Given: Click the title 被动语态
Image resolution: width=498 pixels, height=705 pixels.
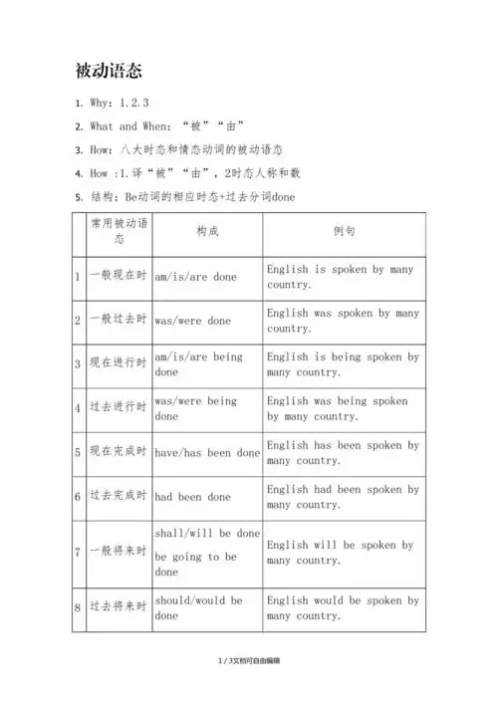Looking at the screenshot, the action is pos(109,71).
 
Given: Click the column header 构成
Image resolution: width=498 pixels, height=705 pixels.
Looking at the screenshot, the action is pos(207,231).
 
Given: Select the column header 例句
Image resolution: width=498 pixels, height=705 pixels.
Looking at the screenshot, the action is pos(345,231).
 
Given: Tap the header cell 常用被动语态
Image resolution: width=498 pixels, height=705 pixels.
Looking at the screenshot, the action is pos(119,231).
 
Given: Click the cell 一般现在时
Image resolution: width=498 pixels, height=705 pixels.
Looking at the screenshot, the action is pos(118,276).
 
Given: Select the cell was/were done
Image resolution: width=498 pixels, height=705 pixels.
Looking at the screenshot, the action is pos(192,321).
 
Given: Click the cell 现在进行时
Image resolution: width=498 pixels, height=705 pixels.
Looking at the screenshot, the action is pos(118,364).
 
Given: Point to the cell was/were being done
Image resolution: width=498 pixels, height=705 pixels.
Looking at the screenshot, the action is pos(195,408).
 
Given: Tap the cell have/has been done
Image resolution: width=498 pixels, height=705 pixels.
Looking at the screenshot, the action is pos(207,453).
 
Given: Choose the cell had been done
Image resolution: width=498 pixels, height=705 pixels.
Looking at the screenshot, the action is pos(192,496).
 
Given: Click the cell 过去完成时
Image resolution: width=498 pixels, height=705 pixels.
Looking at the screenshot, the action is pos(118,496).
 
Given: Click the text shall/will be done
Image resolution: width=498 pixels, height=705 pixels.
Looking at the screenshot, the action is pos(207,534).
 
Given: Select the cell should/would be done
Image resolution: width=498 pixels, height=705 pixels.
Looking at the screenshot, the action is pos(198,607).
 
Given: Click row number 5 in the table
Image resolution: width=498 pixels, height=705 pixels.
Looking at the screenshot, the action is pos(79,453).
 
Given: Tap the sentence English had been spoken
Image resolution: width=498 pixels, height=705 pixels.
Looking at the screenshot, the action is pos(343,497).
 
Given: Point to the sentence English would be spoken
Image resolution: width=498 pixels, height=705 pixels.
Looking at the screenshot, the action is pos(343,607).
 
